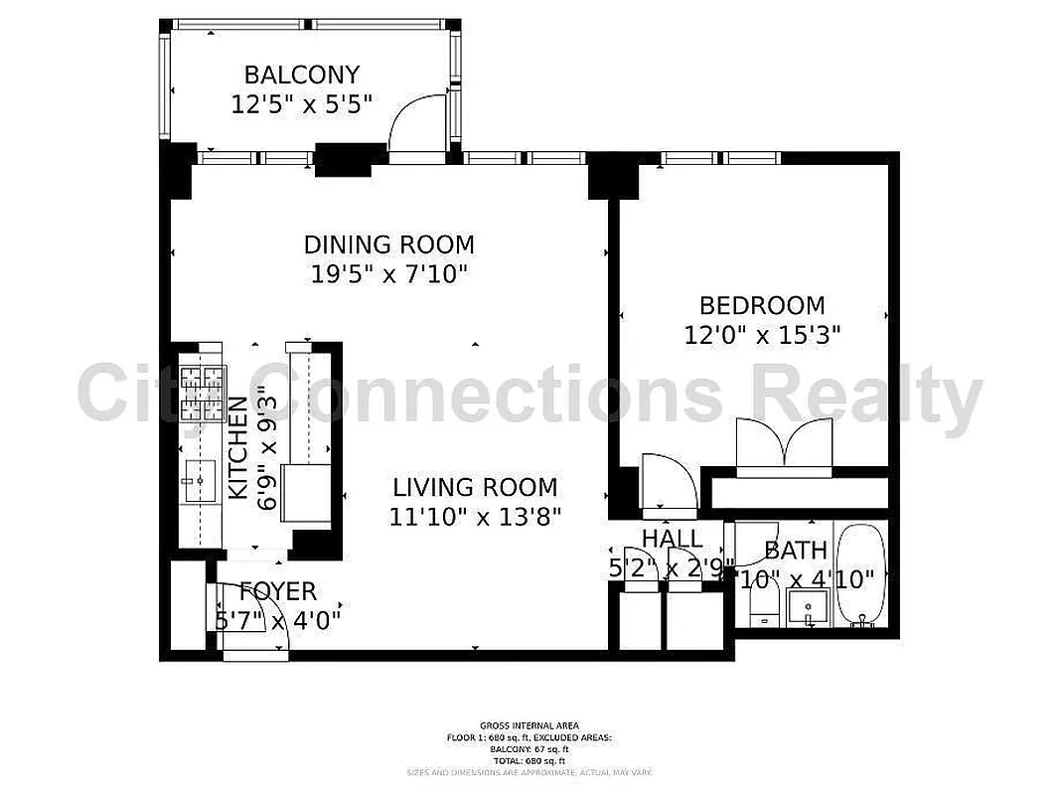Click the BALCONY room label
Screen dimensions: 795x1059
click(302, 75)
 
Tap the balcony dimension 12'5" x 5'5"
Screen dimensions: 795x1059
click(302, 104)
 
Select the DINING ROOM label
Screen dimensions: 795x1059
click(388, 244)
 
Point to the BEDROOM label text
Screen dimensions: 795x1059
click(762, 306)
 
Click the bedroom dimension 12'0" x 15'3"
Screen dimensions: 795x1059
click(762, 336)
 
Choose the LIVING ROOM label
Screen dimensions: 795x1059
click(475, 488)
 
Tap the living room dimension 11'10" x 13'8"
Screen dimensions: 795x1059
click(475, 517)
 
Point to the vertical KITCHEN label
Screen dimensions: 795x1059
click(238, 447)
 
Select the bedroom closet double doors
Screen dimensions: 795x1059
click(784, 442)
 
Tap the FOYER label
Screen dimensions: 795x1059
click(278, 592)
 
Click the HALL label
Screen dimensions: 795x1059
click(672, 540)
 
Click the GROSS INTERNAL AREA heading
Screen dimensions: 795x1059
click(529, 725)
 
